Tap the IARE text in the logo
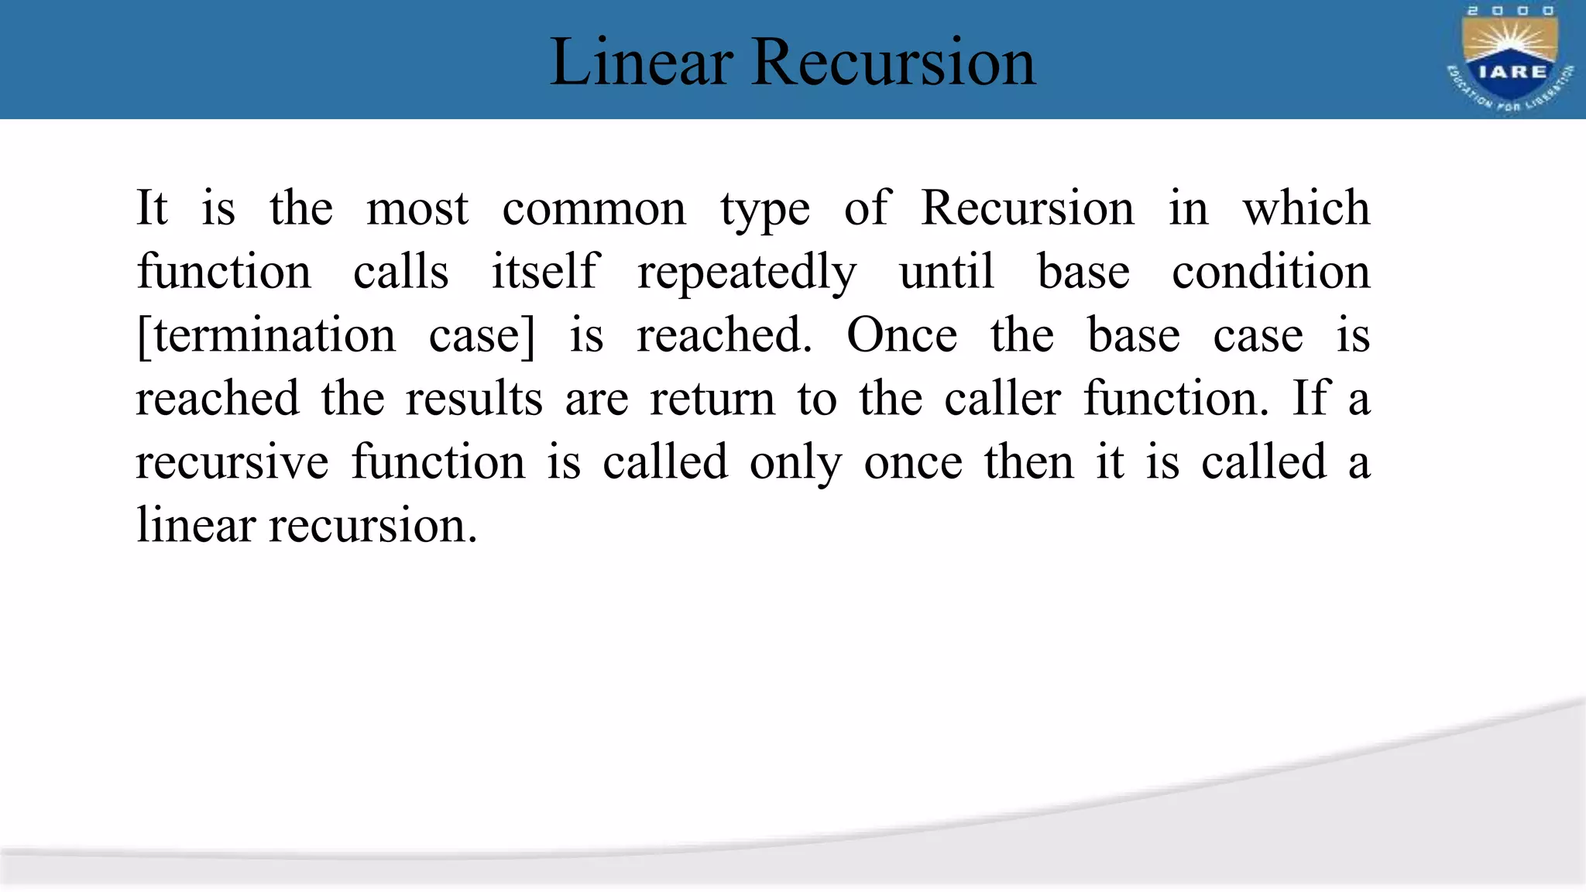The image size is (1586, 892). point(1512,72)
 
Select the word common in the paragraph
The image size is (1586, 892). point(594,209)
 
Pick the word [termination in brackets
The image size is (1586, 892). point(266,336)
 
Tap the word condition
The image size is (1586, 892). point(1271,273)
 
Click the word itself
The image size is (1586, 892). point(545,273)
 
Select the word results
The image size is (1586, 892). point(474,400)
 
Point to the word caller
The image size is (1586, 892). point(1002,400)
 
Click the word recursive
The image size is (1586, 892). point(232,463)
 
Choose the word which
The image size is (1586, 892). point(1306,209)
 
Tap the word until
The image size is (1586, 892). point(946,273)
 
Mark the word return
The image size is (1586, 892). point(712,400)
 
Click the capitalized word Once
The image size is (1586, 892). point(901,336)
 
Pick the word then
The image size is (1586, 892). point(1029,463)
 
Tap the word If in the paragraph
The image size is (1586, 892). point(1310,400)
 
